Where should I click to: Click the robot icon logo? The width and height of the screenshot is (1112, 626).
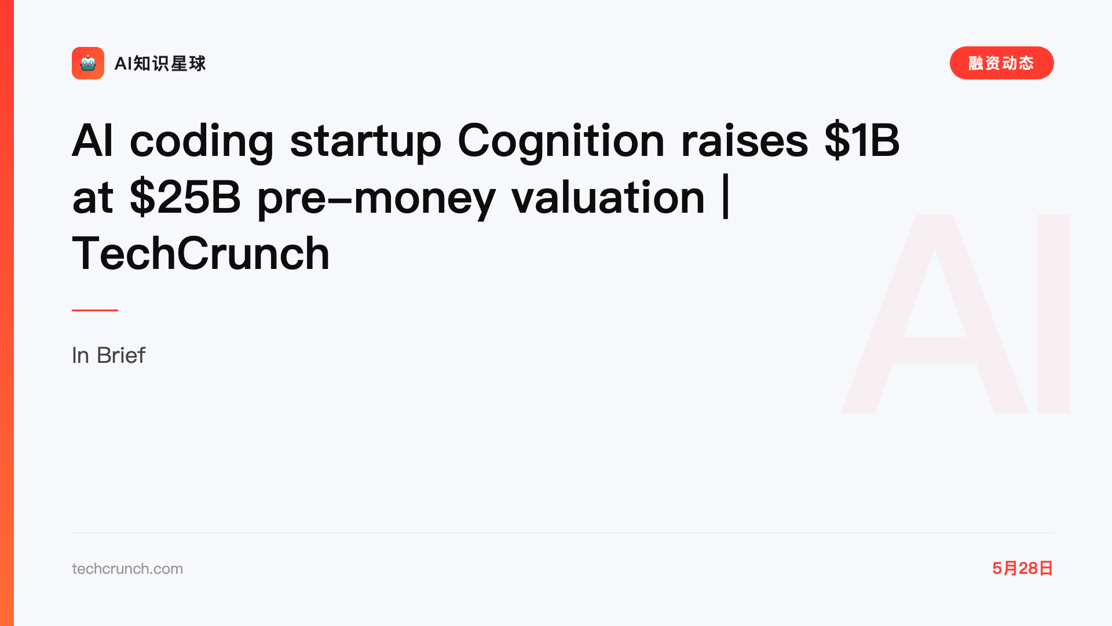pyautogui.click(x=88, y=63)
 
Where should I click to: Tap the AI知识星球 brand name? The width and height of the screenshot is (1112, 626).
pyautogui.click(x=160, y=63)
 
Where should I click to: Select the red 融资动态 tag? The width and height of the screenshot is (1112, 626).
pyautogui.click(x=1001, y=63)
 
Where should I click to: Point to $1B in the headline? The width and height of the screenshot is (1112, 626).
pyautogui.click(x=862, y=140)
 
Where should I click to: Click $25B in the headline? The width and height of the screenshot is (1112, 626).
pyautogui.click(x=185, y=197)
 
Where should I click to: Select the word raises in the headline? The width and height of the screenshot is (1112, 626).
pyautogui.click(x=744, y=141)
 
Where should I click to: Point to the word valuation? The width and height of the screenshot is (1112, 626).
pyautogui.click(x=608, y=197)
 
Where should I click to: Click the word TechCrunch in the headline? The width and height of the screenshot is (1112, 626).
pyautogui.click(x=201, y=253)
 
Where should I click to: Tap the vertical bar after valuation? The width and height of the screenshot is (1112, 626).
pyautogui.click(x=726, y=198)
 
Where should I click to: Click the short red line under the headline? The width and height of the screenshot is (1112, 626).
pyautogui.click(x=95, y=310)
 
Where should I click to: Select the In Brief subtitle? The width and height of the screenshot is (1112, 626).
pyautogui.click(x=108, y=355)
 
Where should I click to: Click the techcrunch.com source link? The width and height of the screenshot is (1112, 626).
pyautogui.click(x=127, y=569)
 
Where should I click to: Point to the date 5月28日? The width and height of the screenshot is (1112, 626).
pyautogui.click(x=1022, y=568)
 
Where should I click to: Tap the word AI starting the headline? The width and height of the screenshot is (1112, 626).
pyautogui.click(x=92, y=140)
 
